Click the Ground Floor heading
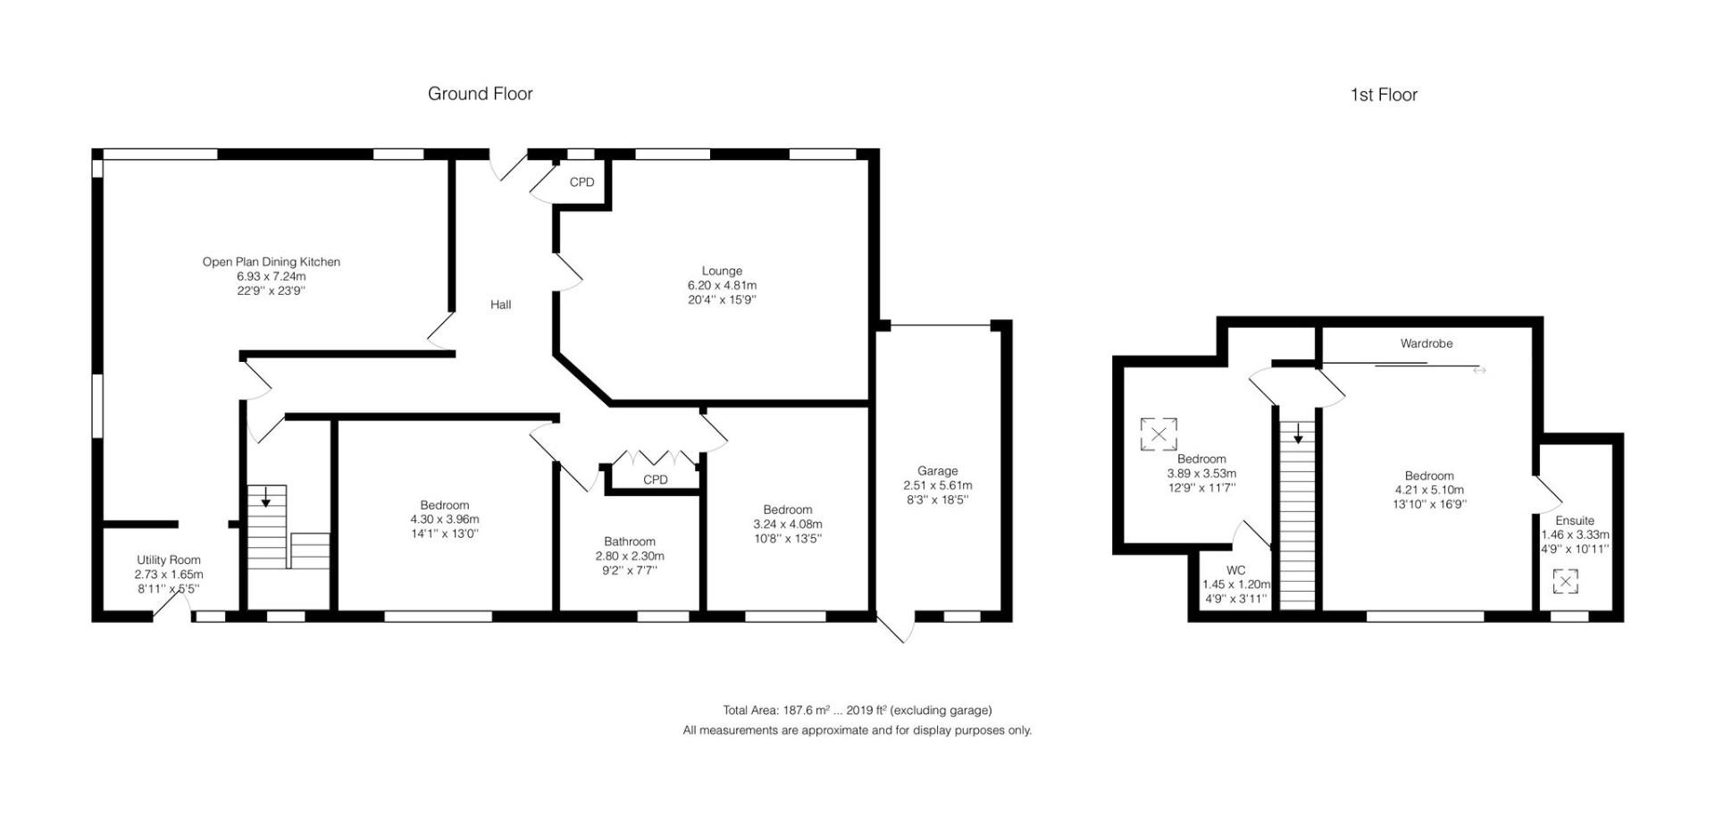(480, 94)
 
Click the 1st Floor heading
(1383, 95)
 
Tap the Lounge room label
(721, 271)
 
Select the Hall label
(500, 305)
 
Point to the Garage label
(937, 471)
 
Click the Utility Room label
(168, 560)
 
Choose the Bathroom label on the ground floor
(629, 542)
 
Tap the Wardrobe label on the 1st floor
(1426, 343)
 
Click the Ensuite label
(1574, 520)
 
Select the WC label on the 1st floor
(1235, 570)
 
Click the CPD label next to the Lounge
(581, 182)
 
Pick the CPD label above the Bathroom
(655, 480)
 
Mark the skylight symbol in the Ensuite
(1565, 582)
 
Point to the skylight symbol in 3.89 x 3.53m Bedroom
(1158, 434)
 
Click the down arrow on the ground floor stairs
(265, 498)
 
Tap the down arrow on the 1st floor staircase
(1297, 433)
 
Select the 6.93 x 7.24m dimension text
(271, 277)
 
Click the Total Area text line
(857, 711)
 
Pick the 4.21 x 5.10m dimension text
(1428, 490)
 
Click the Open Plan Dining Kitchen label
(271, 262)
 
